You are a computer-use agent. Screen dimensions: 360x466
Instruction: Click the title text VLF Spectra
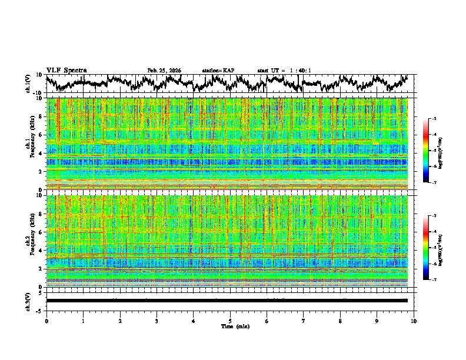66,70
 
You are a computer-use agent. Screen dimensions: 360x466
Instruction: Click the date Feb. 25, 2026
164,71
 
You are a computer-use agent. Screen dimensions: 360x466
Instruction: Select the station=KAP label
218,71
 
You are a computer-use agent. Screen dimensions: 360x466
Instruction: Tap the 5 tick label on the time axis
230,321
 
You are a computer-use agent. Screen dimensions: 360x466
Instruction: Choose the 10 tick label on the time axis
414,321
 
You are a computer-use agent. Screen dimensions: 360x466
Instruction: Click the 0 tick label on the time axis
46,321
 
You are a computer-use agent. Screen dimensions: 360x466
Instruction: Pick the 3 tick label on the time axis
157,321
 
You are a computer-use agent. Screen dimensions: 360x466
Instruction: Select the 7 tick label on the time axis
304,321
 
